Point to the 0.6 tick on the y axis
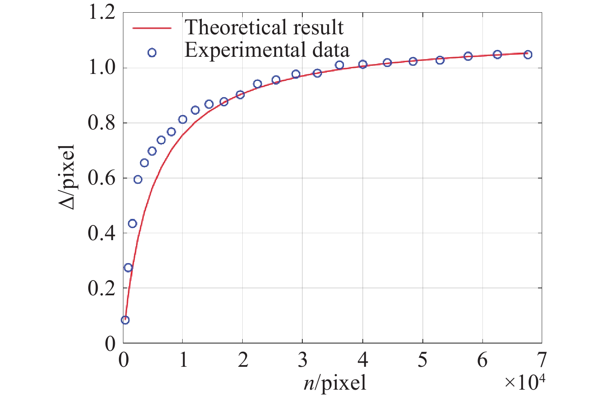102,178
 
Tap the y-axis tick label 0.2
102,288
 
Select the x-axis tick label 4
362,360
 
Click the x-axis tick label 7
542,360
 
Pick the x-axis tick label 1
183,360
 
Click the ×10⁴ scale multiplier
525,381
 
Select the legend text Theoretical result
264,27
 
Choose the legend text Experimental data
267,50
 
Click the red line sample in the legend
152,28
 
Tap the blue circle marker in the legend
152,53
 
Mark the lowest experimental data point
125,320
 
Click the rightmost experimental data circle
528,55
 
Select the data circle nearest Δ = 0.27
128,268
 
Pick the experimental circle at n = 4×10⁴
363,65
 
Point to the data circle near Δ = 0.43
132,223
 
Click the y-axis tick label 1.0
102,68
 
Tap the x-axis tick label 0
123,360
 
